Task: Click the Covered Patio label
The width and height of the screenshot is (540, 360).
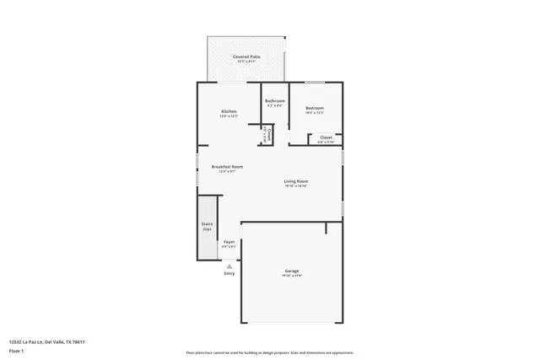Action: pos(246,56)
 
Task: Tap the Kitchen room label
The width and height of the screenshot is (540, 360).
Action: pos(229,111)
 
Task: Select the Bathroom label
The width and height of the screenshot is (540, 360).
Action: pos(275,101)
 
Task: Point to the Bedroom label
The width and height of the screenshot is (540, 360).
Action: pos(315,108)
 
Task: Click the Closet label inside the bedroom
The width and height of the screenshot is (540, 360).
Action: pos(326,137)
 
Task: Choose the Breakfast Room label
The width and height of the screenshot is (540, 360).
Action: pos(228,167)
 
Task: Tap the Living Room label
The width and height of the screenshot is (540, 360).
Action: pos(295,181)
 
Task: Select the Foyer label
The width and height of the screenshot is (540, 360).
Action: pos(229,242)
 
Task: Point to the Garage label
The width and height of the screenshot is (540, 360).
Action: pos(291,271)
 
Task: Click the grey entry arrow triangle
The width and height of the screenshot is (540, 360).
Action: pos(228,265)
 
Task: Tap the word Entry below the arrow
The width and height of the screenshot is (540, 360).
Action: pos(229,273)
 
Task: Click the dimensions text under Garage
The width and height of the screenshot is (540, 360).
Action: pos(291,275)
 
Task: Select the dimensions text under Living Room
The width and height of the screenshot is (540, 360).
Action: pos(295,185)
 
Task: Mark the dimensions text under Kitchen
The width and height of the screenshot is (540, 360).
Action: pos(229,116)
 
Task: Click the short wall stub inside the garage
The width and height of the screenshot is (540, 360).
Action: pos(326,228)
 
